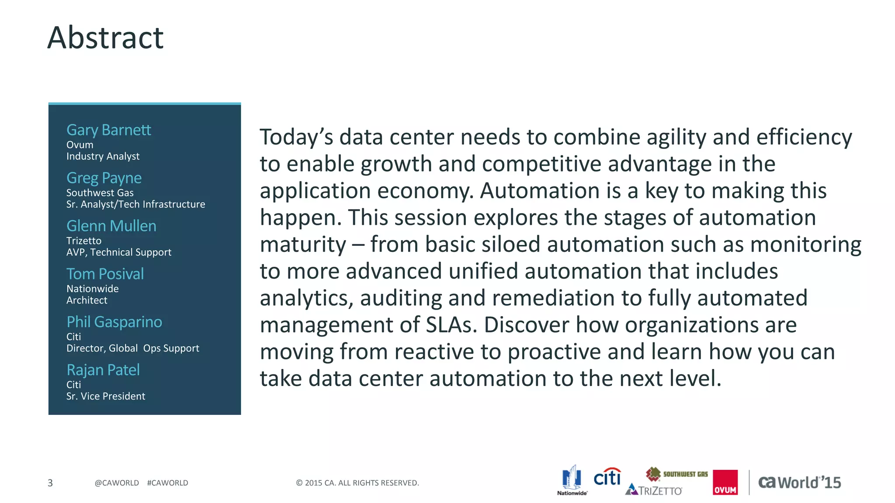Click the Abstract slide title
coord(105,38)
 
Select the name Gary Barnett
coord(108,130)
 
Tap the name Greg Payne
coord(104,178)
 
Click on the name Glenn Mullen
coord(111,226)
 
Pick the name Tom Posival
coord(105,274)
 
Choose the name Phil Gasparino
coord(114,322)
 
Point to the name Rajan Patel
coord(103,370)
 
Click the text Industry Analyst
coord(103,156)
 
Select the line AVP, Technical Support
coord(118,252)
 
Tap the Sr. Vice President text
coord(105,396)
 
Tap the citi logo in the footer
coord(607,477)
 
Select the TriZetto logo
coord(654,490)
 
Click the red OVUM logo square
coord(725,482)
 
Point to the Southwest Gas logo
coord(677,474)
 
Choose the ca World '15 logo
coord(799,482)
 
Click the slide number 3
coord(50,483)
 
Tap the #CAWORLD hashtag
coord(167,483)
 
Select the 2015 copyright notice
coord(357,483)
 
